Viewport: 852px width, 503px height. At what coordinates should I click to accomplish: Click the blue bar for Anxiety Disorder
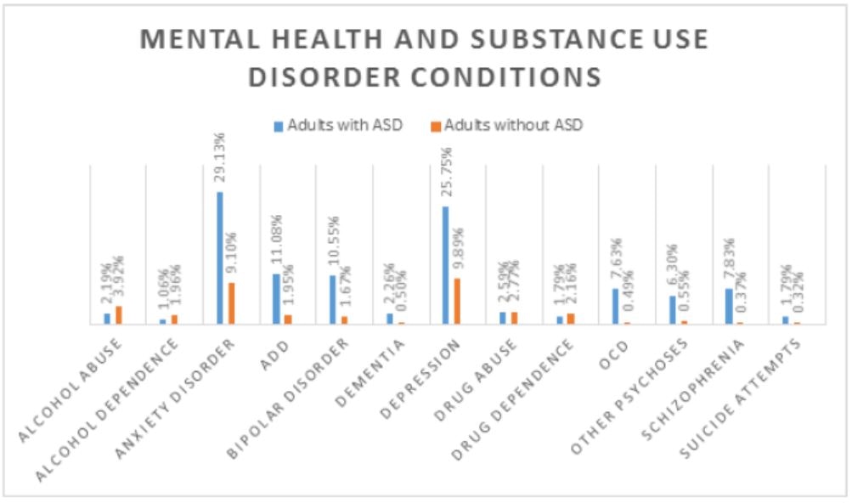coord(220,257)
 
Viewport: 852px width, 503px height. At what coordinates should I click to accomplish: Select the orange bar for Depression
coord(457,301)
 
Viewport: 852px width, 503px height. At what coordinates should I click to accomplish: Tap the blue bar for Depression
coord(445,265)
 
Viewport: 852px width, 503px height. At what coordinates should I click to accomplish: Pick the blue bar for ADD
coord(276,298)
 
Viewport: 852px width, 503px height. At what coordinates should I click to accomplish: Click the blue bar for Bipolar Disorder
coord(332,299)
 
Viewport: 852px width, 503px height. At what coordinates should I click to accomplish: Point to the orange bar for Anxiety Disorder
coord(232,302)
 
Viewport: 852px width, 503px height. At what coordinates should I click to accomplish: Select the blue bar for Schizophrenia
coord(728,306)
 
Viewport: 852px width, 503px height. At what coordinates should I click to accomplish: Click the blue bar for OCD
coord(615,306)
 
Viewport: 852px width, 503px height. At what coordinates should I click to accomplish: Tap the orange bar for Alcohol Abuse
coord(119,314)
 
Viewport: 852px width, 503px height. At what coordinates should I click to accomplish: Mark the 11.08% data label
coord(276,242)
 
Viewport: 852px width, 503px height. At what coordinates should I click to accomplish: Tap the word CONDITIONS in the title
coord(497,76)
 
